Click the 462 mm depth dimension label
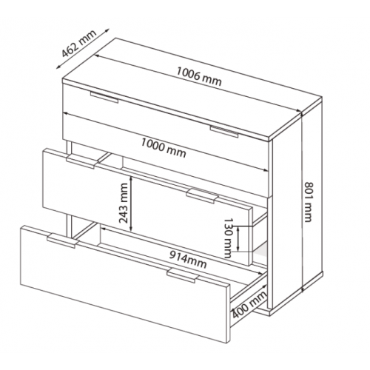78,44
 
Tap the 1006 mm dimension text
199,76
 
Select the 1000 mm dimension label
164,148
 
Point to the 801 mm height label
308,202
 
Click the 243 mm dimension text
124,203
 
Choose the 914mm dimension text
188,260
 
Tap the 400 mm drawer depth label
249,305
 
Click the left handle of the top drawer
104,97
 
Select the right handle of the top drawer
224,132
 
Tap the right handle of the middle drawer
202,196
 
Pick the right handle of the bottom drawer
183,276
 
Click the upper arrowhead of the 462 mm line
107,30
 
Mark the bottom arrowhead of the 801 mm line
302,289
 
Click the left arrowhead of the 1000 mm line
67,113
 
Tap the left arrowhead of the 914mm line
104,229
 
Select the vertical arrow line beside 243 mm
132,204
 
